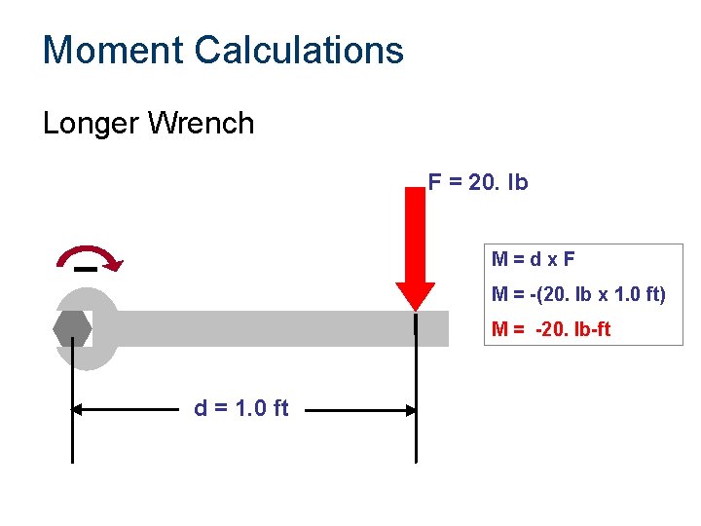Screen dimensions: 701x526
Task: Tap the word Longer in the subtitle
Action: pyautogui.click(x=92, y=124)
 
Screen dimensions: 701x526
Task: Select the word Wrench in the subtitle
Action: pyautogui.click(x=205, y=124)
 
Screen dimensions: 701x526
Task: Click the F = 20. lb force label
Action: pyautogui.click(x=478, y=182)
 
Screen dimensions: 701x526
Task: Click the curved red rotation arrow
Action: pyautogui.click(x=90, y=254)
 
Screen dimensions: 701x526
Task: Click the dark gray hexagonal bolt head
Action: pyautogui.click(x=73, y=328)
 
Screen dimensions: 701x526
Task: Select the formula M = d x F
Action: pyautogui.click(x=535, y=259)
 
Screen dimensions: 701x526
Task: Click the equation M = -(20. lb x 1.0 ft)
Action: pyautogui.click(x=578, y=294)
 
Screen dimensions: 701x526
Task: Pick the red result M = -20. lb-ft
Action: pyautogui.click(x=551, y=329)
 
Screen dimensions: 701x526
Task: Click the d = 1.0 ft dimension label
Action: pyautogui.click(x=241, y=408)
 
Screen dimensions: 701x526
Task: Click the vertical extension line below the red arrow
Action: pyautogui.click(x=416, y=429)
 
